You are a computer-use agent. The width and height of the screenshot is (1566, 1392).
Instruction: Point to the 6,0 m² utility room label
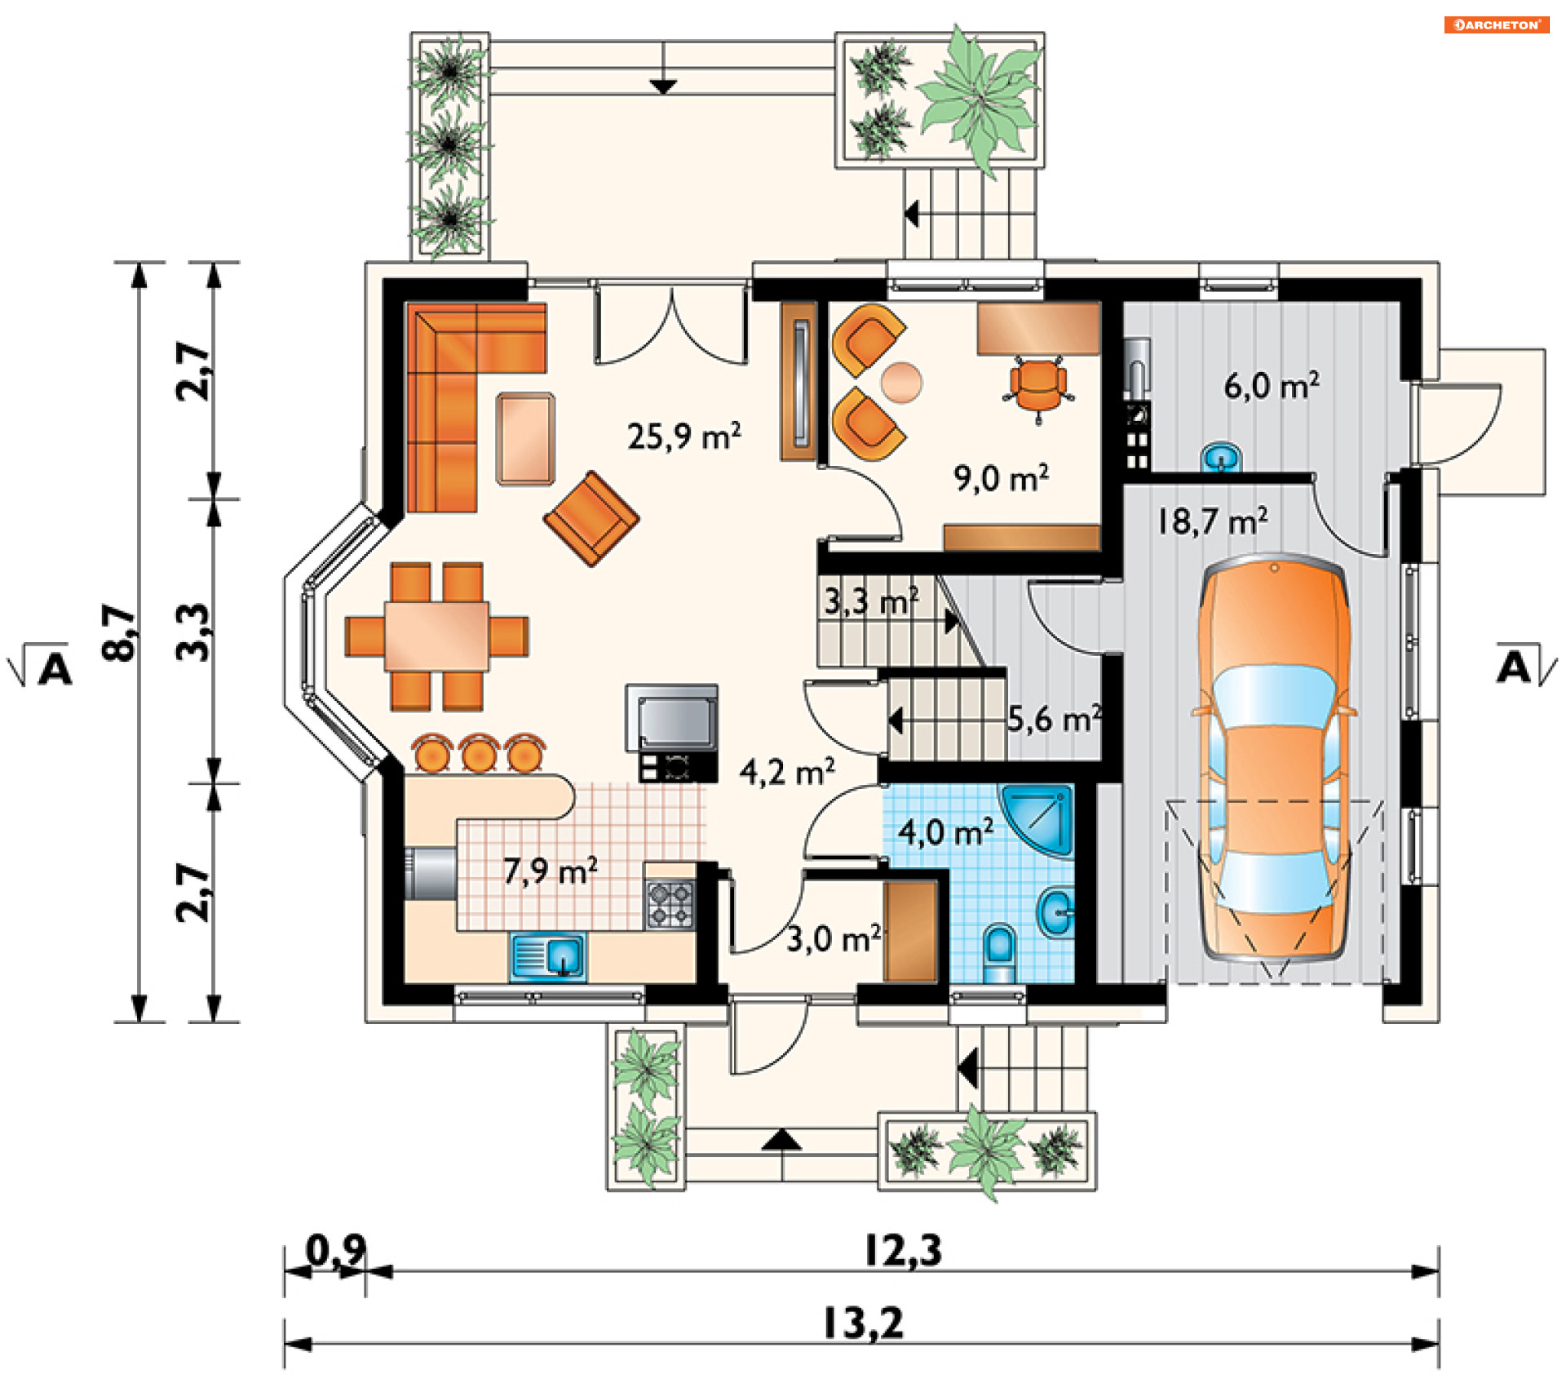[1272, 384]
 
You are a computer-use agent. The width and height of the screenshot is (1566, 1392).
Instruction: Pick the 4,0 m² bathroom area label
[946, 831]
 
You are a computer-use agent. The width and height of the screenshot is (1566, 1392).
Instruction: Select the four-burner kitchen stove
[670, 904]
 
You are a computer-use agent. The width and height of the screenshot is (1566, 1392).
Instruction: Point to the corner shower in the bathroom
[1037, 819]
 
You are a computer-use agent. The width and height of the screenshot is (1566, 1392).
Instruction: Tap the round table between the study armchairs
[901, 382]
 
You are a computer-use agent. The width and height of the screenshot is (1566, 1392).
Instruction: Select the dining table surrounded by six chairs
[437, 636]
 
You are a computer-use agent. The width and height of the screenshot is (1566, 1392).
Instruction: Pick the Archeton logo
[1497, 24]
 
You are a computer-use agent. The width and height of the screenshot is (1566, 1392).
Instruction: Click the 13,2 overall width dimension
[864, 1323]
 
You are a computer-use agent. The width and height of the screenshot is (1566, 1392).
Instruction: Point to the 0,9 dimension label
[336, 1249]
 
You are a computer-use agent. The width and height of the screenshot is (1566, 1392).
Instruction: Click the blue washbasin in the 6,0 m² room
[1221, 457]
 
